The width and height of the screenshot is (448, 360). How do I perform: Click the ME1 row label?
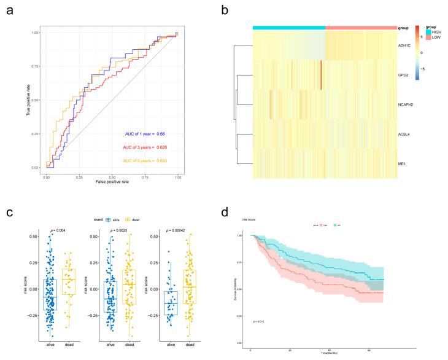(405, 165)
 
